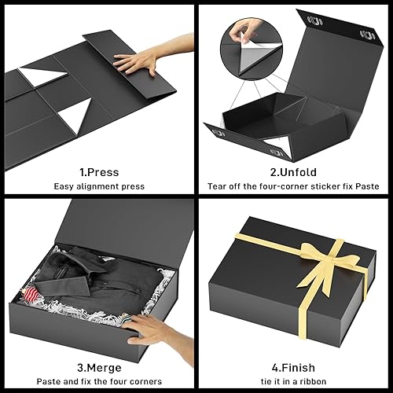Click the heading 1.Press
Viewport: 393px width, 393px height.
[x=98, y=170]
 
